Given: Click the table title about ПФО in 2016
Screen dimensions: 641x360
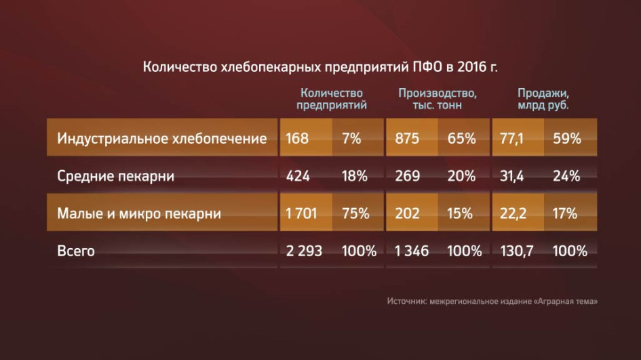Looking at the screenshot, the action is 320,66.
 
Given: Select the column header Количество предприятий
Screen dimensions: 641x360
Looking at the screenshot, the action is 332,99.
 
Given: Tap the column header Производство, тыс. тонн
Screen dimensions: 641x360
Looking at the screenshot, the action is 438,99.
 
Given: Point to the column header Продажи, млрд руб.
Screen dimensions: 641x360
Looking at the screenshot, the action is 543,99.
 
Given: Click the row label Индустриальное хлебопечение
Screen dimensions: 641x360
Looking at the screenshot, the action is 162,138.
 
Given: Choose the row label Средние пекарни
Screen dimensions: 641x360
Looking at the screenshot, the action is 116,176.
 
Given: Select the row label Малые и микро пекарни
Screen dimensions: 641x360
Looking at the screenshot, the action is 139,214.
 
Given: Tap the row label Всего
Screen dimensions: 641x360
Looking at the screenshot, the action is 75,250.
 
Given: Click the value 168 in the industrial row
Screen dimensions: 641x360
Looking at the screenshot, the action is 297,138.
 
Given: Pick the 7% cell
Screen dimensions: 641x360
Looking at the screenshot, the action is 351,138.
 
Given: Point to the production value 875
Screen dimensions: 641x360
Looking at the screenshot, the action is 407,138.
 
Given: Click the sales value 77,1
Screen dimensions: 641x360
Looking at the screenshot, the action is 511,138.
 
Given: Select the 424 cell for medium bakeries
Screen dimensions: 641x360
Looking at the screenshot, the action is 298,176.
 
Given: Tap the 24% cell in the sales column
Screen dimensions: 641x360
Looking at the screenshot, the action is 566,176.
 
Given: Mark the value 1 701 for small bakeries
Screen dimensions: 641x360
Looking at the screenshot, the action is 301,214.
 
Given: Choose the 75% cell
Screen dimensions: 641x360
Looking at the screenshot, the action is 355,214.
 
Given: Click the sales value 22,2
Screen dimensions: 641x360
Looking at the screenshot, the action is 513,214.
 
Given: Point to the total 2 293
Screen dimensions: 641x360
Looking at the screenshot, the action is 304,250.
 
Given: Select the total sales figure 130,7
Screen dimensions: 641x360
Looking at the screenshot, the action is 517,250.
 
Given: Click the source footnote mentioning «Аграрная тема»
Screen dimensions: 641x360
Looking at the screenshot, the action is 492,301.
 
